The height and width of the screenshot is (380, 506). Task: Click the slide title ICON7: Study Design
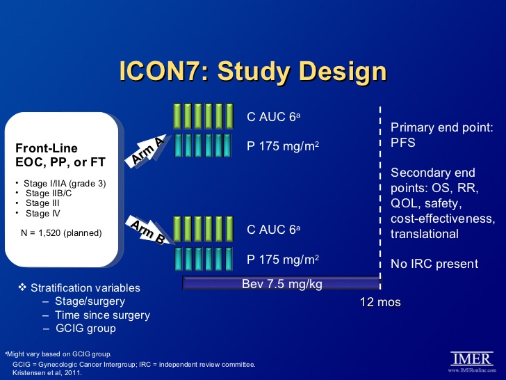pyautogui.click(x=252, y=72)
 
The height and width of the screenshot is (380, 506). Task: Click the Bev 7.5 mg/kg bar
pyautogui.click(x=281, y=283)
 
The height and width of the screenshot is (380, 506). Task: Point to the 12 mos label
pyautogui.click(x=380, y=302)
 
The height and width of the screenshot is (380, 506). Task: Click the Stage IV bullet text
pyautogui.click(x=38, y=213)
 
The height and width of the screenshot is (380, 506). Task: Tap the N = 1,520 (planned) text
pyautogui.click(x=62, y=232)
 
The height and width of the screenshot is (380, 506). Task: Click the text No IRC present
pyautogui.click(x=434, y=264)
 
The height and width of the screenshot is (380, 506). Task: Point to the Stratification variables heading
pyautogui.click(x=85, y=288)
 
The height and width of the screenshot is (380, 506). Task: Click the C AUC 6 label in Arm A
pyautogui.click(x=274, y=117)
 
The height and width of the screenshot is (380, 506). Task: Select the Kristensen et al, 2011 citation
pyautogui.click(x=47, y=372)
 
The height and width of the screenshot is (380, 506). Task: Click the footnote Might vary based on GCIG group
pyautogui.click(x=58, y=354)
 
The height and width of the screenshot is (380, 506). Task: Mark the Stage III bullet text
pyautogui.click(x=38, y=203)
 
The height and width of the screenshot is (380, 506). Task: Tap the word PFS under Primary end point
pyautogui.click(x=403, y=143)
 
